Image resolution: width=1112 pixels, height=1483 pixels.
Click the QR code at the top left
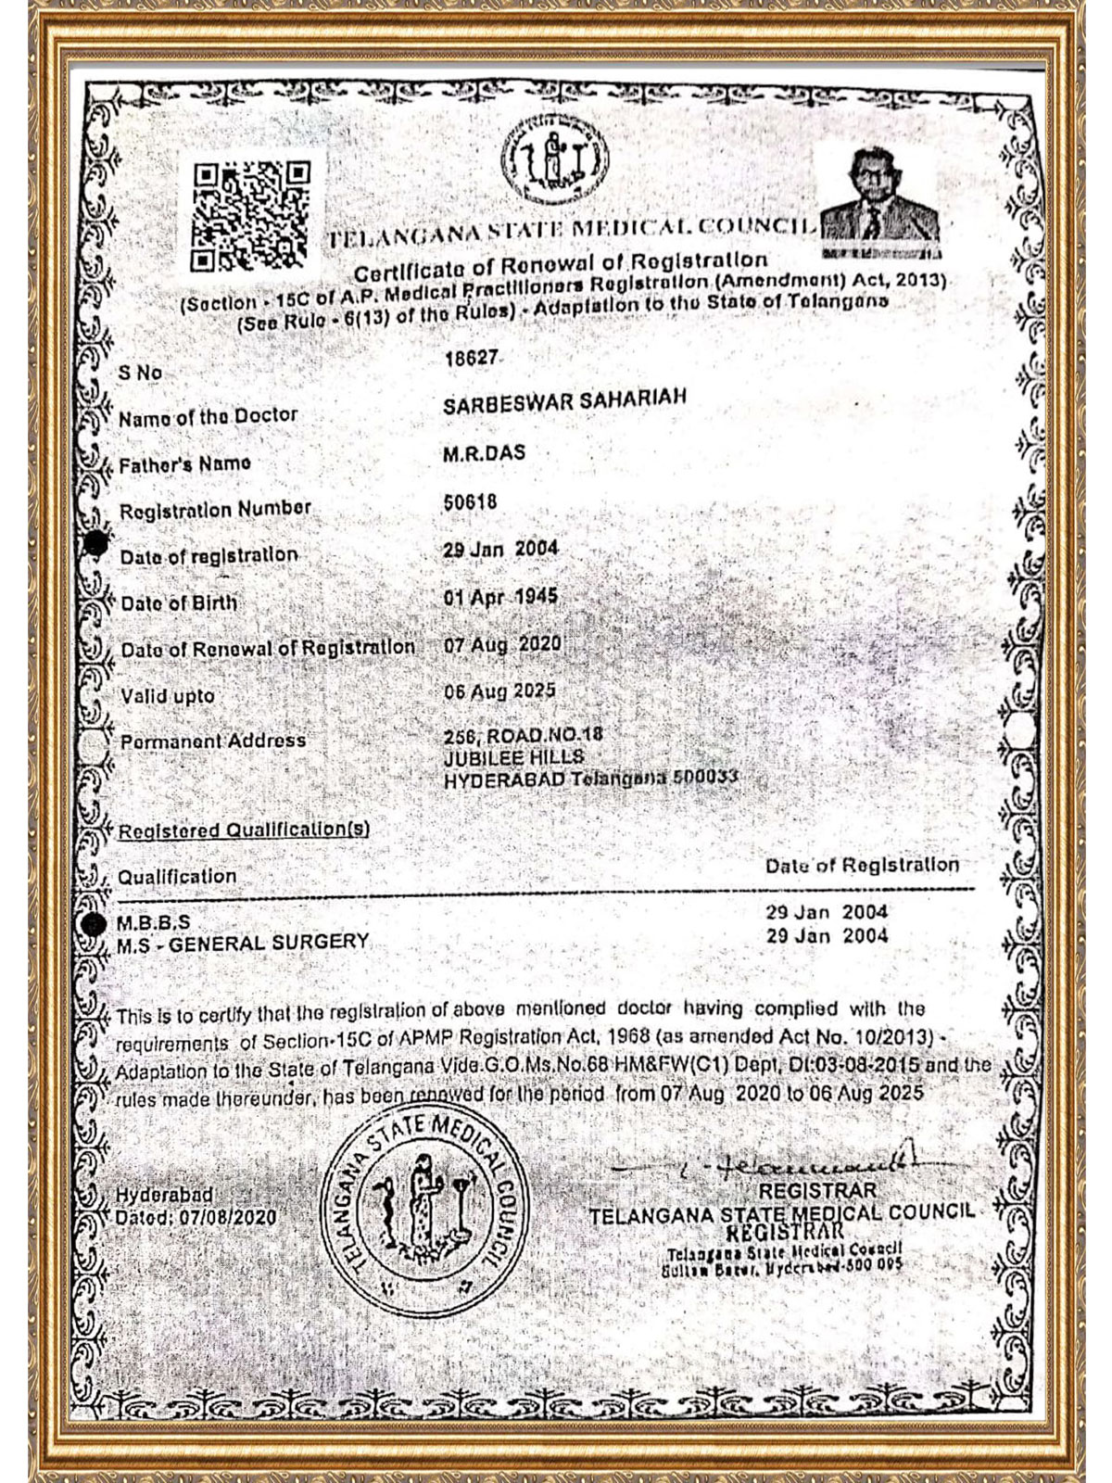coord(249,215)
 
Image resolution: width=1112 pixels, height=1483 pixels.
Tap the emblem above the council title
coord(554,163)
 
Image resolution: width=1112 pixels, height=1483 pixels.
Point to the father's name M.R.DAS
coord(485,452)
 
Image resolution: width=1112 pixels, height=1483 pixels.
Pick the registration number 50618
coord(471,501)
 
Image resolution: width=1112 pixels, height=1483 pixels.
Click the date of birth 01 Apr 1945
coord(500,596)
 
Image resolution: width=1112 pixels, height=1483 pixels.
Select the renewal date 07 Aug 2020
coord(502,643)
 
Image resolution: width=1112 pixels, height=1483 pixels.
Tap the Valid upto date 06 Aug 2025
coord(499,691)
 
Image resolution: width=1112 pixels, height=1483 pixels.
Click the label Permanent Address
coord(213,741)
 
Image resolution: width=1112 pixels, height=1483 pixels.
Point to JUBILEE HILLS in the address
coord(513,757)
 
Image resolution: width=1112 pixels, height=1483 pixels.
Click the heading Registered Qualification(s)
coord(243,830)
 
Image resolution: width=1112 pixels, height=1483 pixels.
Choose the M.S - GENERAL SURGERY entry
coord(243,943)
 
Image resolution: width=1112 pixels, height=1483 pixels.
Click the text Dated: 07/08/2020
coord(196,1216)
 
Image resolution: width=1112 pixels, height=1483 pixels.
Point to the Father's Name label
coord(185,463)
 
